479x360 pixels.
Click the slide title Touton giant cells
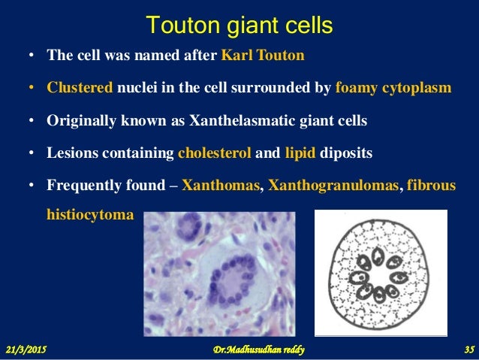pyautogui.click(x=239, y=26)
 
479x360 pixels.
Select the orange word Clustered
pyautogui.click(x=80, y=87)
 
